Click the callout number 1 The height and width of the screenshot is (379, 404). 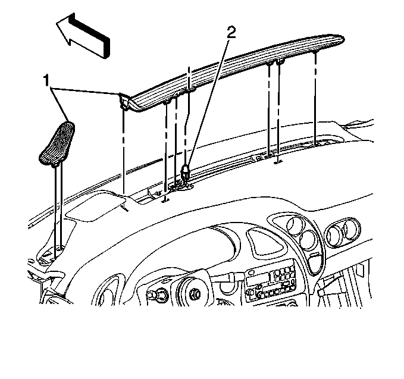click(46, 80)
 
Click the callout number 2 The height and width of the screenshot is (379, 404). click(231, 33)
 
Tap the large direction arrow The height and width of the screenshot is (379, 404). click(83, 36)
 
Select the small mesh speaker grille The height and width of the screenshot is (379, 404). click(57, 143)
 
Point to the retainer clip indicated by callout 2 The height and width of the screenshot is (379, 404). click(186, 171)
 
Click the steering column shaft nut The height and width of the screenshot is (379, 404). click(195, 294)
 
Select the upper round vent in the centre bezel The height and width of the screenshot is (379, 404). click(295, 226)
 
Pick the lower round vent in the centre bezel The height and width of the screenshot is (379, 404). click(308, 240)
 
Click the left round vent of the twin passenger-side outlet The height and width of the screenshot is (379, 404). click(334, 234)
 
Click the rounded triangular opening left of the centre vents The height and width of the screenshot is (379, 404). click(265, 242)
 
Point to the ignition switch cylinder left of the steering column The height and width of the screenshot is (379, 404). click(154, 295)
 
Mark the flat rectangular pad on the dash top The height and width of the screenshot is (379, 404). click(96, 205)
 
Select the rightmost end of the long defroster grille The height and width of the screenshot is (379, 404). click(344, 39)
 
